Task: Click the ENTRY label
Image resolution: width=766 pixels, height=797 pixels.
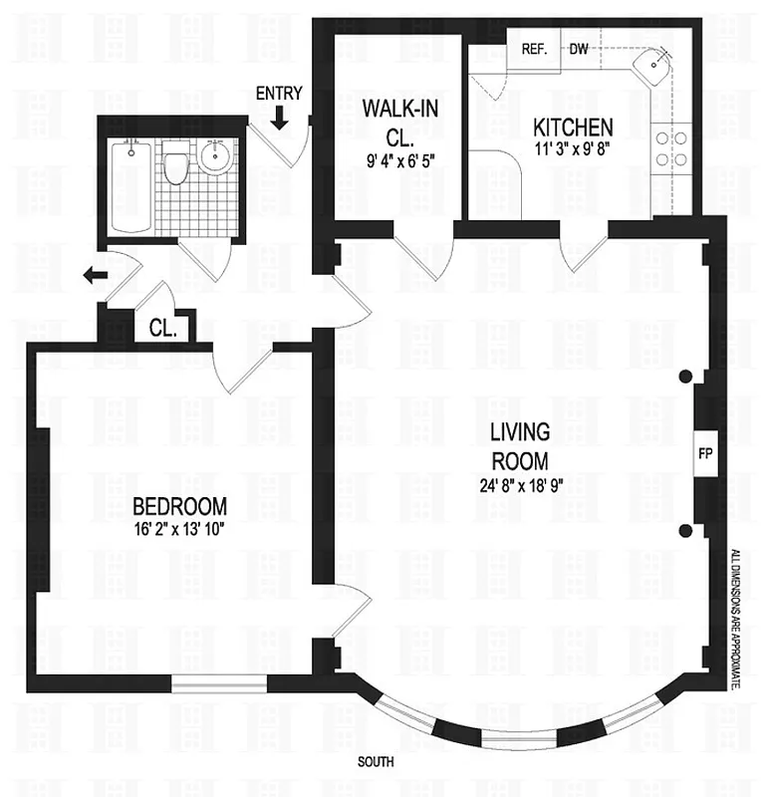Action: tap(278, 94)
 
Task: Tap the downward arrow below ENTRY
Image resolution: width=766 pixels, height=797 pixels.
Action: tap(279, 119)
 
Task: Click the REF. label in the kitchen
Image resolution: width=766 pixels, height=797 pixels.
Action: tap(534, 49)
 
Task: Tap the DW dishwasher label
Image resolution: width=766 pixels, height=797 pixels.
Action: tap(579, 49)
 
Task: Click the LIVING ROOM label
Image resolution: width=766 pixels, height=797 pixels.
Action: tap(519, 447)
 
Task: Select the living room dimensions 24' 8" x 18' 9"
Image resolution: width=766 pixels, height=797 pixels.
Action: tap(519, 487)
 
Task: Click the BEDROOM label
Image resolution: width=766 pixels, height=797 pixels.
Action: tap(180, 505)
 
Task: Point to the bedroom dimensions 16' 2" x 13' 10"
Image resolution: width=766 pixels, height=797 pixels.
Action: tap(180, 529)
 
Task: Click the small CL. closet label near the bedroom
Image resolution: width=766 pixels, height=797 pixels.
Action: tap(162, 327)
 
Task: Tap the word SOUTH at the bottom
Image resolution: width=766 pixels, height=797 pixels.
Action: tap(377, 762)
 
